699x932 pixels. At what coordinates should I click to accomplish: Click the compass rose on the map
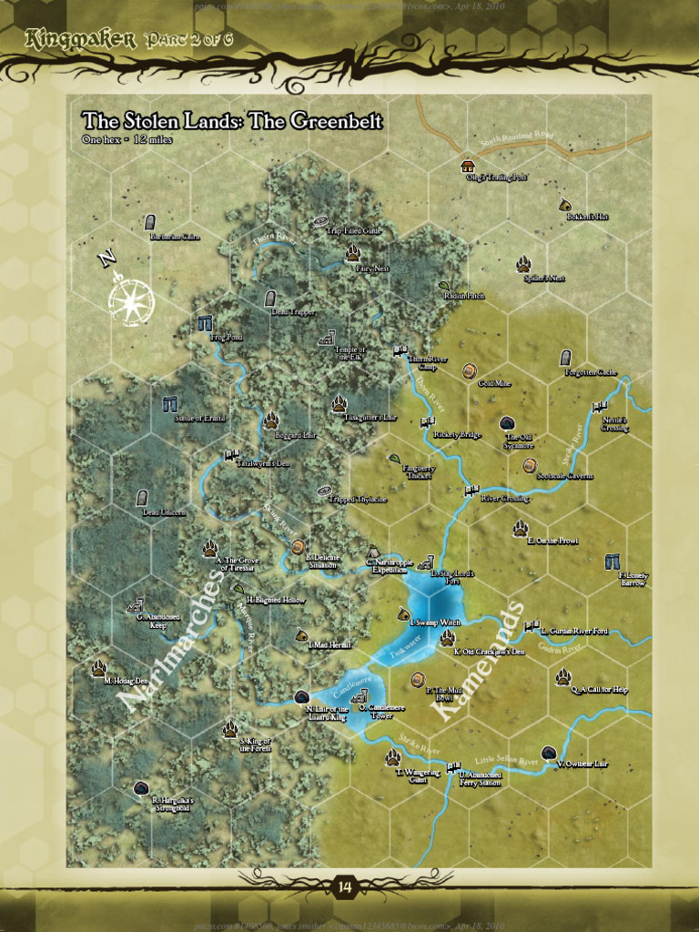pyautogui.click(x=130, y=299)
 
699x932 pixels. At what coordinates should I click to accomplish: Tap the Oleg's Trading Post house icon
pyautogui.click(x=468, y=167)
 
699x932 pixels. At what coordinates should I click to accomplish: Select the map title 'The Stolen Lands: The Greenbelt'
pyautogui.click(x=231, y=122)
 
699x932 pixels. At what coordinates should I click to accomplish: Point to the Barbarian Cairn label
pyautogui.click(x=174, y=238)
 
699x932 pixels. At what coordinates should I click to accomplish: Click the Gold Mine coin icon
pyautogui.click(x=470, y=370)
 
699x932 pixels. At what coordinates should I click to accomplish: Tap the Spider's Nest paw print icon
pyautogui.click(x=523, y=264)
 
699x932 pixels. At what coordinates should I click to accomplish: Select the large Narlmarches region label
pyautogui.click(x=174, y=639)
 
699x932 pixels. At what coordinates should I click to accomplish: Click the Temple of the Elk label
pyautogui.click(x=349, y=353)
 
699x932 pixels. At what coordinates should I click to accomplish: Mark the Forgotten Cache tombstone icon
pyautogui.click(x=565, y=358)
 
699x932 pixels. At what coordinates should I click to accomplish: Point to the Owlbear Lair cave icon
pyautogui.click(x=549, y=753)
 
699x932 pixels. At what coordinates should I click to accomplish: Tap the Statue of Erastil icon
pyautogui.click(x=169, y=403)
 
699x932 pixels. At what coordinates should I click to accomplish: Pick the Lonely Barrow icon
pyautogui.click(x=612, y=562)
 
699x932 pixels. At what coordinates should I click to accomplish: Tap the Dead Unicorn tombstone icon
pyautogui.click(x=142, y=498)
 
